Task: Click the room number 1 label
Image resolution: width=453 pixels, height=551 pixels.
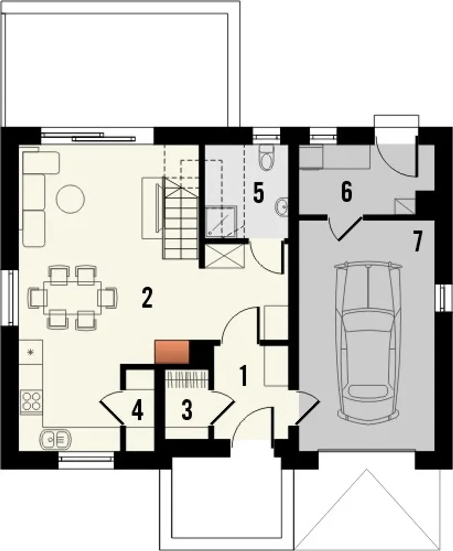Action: tap(243, 376)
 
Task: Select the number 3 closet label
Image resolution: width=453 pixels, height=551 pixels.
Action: tap(187, 411)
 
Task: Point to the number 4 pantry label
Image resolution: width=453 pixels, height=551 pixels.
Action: tap(137, 411)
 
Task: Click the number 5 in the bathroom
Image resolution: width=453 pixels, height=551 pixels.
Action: tap(258, 194)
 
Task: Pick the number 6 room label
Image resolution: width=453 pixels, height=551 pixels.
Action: tap(346, 191)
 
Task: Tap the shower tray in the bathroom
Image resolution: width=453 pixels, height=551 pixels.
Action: tap(221, 222)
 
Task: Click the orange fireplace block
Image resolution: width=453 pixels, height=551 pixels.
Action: tap(172, 352)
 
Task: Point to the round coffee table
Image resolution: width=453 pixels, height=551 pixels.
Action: tap(70, 199)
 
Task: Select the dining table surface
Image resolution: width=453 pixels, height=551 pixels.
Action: tap(72, 298)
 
